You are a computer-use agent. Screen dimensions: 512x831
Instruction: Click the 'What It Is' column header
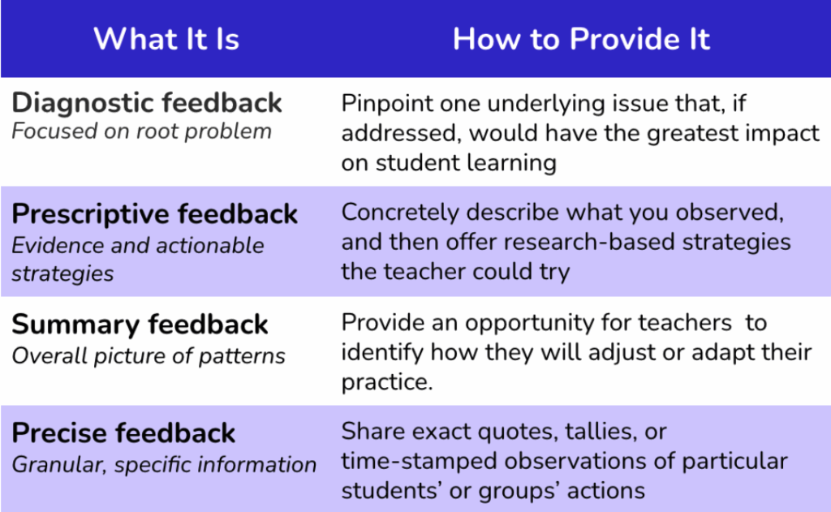(166, 39)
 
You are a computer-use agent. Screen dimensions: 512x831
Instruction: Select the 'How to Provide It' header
(581, 39)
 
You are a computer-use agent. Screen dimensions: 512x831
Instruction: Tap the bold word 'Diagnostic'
(84, 103)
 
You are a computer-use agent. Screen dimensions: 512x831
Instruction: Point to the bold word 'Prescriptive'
(92, 214)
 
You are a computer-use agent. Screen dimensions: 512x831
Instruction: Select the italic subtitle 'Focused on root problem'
(141, 131)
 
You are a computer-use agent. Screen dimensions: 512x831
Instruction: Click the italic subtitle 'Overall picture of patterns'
(149, 355)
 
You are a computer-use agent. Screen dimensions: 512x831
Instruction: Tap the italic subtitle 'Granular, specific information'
(164, 465)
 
